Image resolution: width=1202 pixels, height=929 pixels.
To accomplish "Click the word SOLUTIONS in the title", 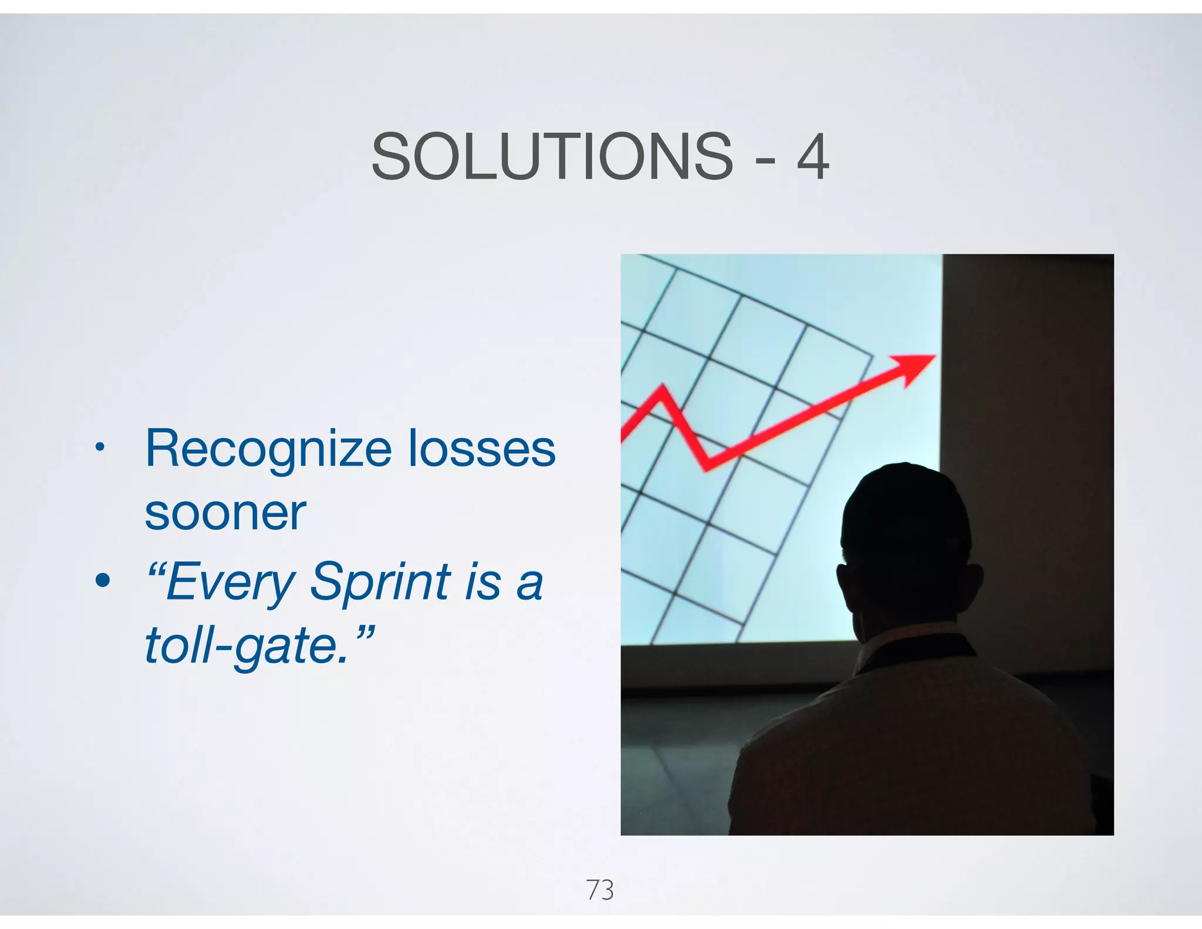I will point(552,157).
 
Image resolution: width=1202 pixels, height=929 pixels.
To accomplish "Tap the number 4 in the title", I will point(812,157).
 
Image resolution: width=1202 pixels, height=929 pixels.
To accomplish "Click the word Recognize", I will point(268,449).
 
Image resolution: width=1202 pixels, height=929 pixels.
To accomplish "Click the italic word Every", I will point(229,582).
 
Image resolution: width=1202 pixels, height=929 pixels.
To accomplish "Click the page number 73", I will point(600,890).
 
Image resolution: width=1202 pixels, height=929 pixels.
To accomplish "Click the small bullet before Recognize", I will point(100,447).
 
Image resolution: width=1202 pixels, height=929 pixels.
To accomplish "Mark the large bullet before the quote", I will point(102,581).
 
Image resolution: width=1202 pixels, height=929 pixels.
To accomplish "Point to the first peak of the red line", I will point(663,388).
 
